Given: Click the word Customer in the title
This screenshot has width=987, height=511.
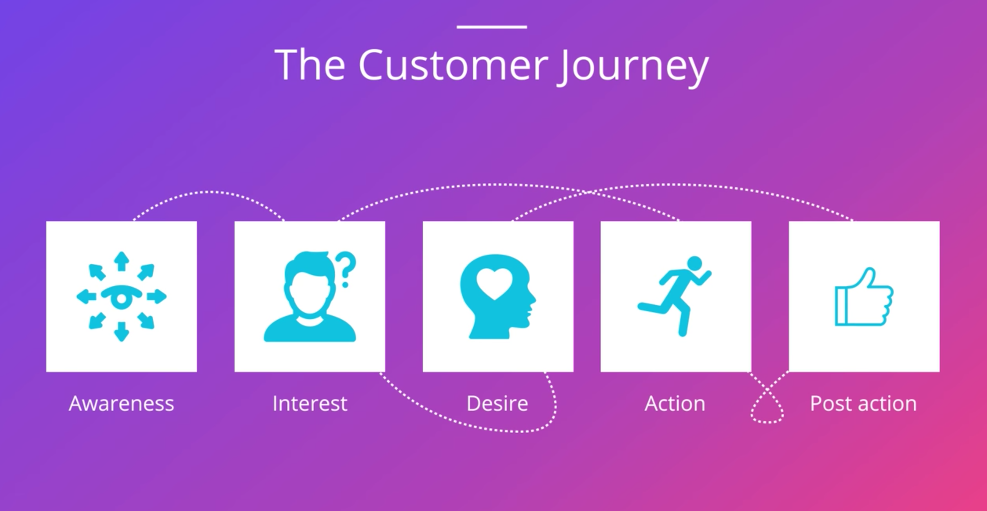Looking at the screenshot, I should point(453,65).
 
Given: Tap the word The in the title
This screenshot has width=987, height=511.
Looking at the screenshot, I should point(310,65).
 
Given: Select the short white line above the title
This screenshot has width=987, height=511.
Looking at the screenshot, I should point(492,27).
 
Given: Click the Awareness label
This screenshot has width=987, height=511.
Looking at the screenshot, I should point(121,403).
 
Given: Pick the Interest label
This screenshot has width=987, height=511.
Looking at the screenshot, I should point(310,403).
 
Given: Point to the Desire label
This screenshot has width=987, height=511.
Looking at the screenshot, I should point(497,403).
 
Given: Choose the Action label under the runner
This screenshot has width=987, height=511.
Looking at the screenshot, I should point(675,403).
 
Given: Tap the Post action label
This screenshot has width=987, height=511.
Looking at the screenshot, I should point(863,403).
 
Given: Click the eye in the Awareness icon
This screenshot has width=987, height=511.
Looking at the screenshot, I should point(122,297).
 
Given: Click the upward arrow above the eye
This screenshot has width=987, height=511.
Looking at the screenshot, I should point(122,261).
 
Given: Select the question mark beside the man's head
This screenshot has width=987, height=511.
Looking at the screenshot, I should point(346,269).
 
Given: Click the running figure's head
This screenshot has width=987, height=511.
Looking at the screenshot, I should point(694,263).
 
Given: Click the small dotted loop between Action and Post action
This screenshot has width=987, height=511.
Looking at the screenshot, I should point(767,410).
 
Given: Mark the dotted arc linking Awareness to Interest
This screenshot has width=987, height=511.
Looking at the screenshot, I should point(208,192).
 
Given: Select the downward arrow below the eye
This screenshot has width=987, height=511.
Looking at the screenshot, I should point(122,332).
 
